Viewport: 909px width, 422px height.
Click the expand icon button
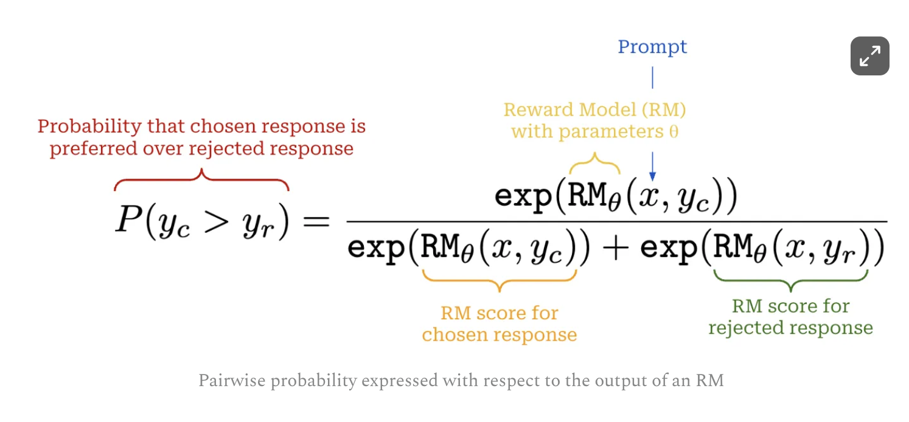coord(869,57)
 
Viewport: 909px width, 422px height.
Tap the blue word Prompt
coord(652,47)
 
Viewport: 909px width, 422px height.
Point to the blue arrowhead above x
coord(652,176)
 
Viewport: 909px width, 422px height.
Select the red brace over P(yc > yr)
coord(201,179)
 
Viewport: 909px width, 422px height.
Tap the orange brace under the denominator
coord(499,280)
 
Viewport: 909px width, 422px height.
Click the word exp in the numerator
coord(523,196)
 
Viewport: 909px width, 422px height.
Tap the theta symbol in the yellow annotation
coord(674,132)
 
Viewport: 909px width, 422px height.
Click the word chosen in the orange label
coord(451,334)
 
